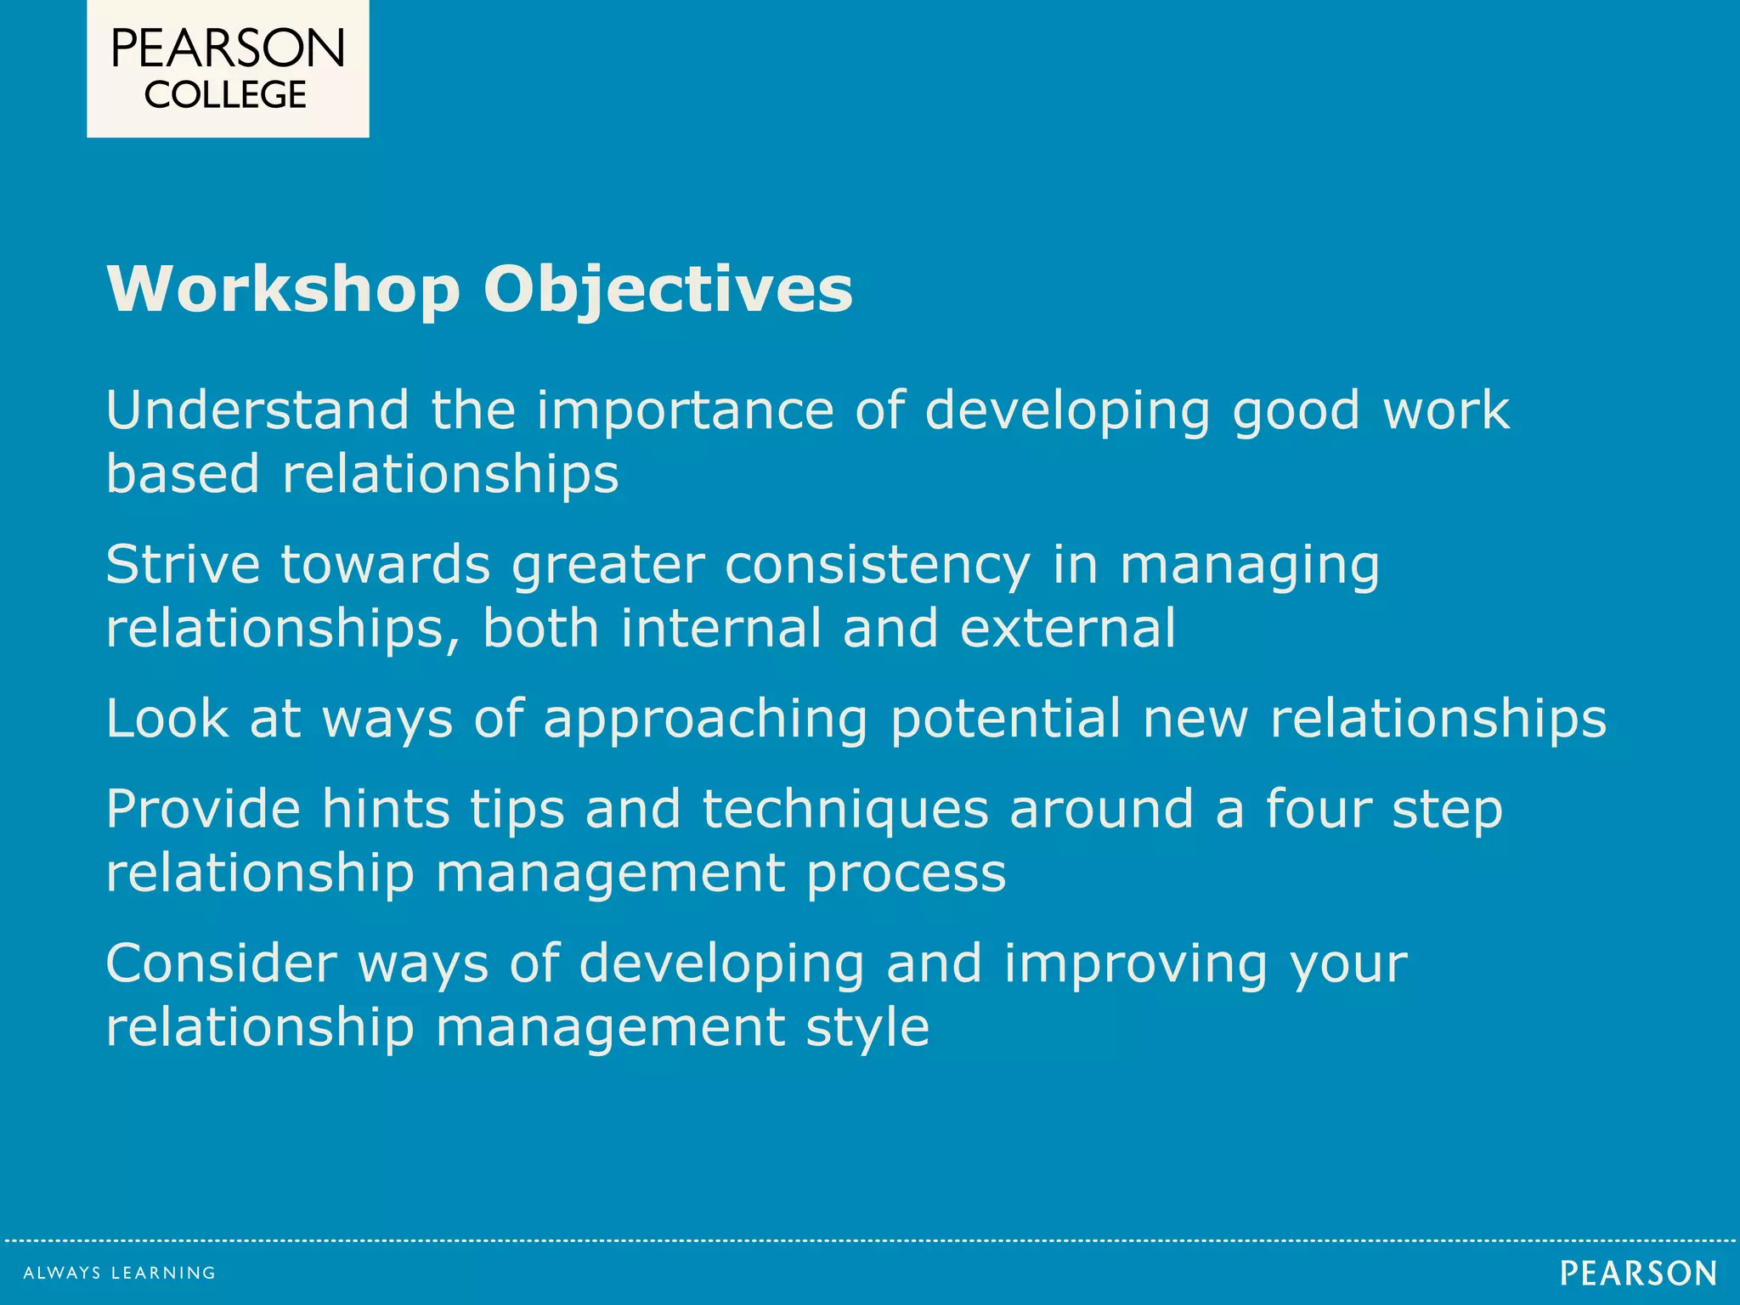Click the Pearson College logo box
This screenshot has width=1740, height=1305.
pyautogui.click(x=228, y=68)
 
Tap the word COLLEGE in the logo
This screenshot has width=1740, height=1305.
pyautogui.click(x=225, y=94)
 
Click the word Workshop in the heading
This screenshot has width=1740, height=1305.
pyautogui.click(x=284, y=290)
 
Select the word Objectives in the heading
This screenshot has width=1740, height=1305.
pyautogui.click(x=668, y=290)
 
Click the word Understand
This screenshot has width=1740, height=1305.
pyautogui.click(x=257, y=410)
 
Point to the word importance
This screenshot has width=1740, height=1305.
pyautogui.click(x=685, y=412)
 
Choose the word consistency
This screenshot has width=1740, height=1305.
pyautogui.click(x=877, y=566)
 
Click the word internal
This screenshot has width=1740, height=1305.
pyautogui.click(x=721, y=628)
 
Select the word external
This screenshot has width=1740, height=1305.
pyautogui.click(x=1068, y=628)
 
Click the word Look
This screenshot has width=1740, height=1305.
pyautogui.click(x=167, y=718)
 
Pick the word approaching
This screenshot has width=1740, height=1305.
pyautogui.click(x=705, y=720)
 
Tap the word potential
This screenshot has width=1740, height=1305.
pyautogui.click(x=1006, y=718)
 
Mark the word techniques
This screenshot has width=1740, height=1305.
pyautogui.click(x=845, y=810)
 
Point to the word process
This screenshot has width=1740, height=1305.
pyautogui.click(x=906, y=874)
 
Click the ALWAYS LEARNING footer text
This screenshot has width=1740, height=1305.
pyautogui.click(x=120, y=1273)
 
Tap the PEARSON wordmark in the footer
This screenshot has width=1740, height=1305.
pyautogui.click(x=1638, y=1273)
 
